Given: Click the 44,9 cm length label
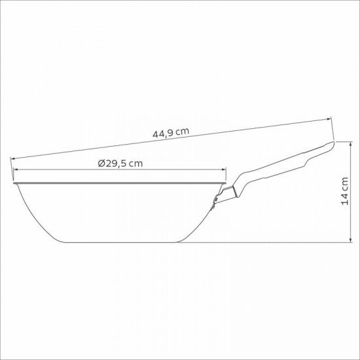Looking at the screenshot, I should click(x=171, y=132).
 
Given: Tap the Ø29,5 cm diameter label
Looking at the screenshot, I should click(x=120, y=164).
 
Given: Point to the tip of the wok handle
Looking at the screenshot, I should click(x=332, y=144).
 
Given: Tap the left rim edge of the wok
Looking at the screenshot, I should click(x=13, y=183).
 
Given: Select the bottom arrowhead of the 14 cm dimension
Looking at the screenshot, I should click(x=353, y=242).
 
